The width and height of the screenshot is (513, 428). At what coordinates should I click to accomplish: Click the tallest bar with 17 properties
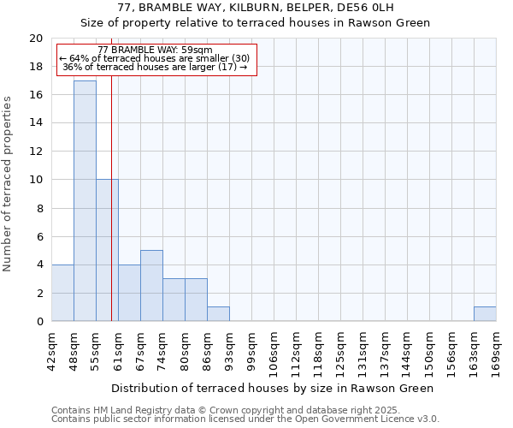85,201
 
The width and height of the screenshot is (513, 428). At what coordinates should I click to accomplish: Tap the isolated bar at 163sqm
485,314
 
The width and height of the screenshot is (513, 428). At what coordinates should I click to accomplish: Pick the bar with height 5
151,286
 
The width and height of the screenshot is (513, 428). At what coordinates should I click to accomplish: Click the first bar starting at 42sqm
62,293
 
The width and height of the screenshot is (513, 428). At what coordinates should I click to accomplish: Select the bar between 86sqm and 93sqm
218,314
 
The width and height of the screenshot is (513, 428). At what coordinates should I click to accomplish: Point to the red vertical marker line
111,214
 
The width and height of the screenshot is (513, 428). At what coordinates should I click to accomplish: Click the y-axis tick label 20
36,39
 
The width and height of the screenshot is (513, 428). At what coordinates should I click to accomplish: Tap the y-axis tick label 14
36,123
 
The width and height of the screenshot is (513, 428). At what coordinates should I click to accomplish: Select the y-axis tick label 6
39,236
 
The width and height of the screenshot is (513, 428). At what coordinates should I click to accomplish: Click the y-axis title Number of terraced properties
8,183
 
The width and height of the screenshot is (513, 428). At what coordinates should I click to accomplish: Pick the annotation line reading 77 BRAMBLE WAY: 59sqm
156,51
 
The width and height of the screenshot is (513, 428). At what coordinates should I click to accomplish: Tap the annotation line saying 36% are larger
156,67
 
